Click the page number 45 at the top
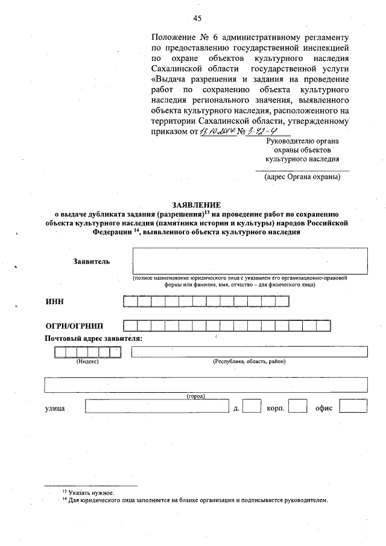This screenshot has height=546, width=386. tap(197, 17)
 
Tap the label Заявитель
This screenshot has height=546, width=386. tap(91, 262)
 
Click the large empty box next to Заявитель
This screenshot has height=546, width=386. tap(250, 261)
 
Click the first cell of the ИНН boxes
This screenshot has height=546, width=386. tap(130, 302)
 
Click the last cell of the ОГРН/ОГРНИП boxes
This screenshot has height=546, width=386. tap(323, 326)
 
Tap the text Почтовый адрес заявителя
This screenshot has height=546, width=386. tap(93, 338)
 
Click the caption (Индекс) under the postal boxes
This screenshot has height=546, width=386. tap(87, 361)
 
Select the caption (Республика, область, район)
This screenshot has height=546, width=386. tap(249, 361)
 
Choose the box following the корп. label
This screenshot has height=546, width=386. tap(297, 408)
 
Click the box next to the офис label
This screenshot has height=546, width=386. tap(353, 408)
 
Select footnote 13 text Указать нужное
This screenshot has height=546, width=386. tap(91, 493)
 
